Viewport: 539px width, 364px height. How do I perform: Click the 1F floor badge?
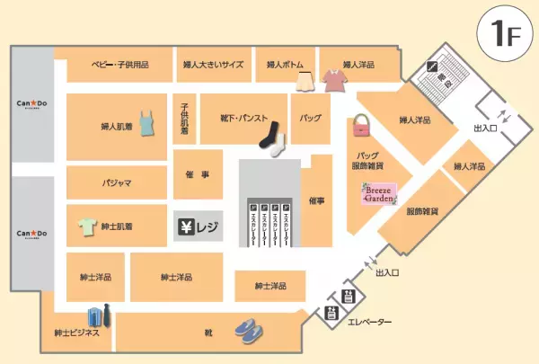pos(500,35)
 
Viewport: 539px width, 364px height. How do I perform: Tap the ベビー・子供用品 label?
pos(120,66)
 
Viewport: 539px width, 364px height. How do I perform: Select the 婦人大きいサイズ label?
pos(214,66)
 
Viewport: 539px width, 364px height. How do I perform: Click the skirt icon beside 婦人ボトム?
pos(304,81)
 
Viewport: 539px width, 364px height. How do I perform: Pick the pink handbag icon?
pos(362,125)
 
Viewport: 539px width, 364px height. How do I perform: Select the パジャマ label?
pos(117,182)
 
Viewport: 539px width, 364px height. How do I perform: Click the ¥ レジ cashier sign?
pos(197,226)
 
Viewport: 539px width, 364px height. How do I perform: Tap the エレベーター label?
pos(370,322)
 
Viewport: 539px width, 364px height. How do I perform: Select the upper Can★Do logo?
pos(32,104)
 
